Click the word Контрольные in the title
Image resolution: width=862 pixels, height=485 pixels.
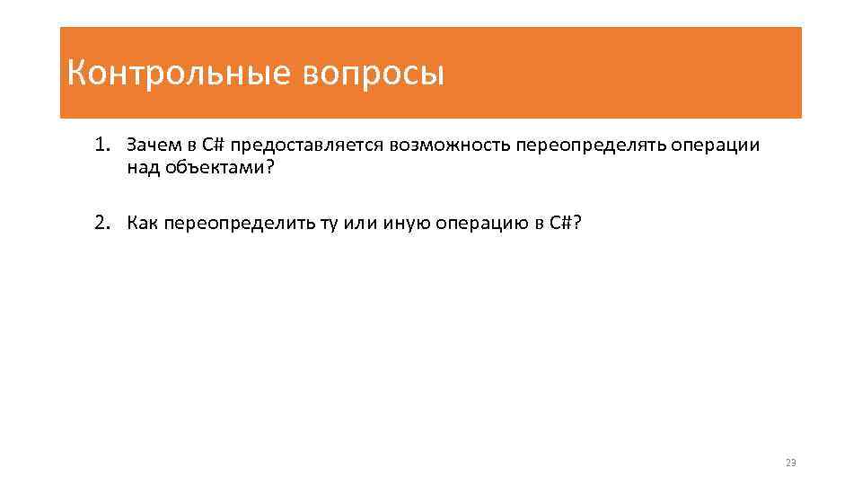[177, 74]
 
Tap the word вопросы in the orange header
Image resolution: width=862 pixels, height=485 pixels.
[373, 74]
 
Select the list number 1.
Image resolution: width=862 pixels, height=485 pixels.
[103, 145]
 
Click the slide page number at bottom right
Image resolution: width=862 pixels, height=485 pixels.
[790, 463]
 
